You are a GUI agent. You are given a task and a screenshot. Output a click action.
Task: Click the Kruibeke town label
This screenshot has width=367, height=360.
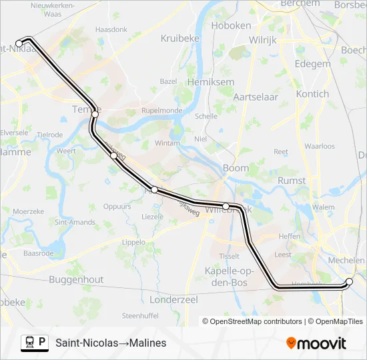[180, 39]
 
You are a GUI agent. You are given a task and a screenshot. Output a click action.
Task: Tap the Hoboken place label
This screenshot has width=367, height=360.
[231, 25]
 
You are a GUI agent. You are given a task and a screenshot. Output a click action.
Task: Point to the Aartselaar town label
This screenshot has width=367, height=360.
[254, 97]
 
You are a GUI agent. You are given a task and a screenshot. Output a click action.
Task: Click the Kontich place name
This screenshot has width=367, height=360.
[312, 94]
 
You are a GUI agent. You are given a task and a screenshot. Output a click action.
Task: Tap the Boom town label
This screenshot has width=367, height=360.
[236, 169]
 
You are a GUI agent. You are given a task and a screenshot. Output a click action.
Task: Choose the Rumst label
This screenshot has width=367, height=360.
[292, 180]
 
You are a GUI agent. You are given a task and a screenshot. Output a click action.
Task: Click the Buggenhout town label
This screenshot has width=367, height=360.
[76, 280]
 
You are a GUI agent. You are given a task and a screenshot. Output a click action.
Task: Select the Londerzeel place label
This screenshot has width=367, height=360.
[175, 300]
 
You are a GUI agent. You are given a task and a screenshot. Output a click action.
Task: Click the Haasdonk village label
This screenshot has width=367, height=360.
[111, 30]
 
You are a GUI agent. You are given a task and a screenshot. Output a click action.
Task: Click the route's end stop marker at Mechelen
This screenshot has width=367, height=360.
[349, 282]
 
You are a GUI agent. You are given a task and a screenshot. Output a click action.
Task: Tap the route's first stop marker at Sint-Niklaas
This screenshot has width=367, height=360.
[19, 44]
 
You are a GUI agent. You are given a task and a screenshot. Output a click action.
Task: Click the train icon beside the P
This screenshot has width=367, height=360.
[29, 343]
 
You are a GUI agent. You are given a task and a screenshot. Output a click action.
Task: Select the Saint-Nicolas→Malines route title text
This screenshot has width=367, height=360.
[111, 343]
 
